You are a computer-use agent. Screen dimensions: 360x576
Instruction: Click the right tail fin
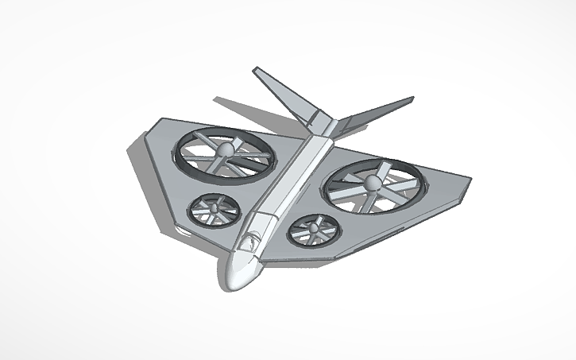point(381,111)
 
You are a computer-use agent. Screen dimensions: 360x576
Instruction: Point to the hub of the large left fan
point(226,150)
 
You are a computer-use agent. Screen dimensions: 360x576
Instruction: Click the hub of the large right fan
point(372,184)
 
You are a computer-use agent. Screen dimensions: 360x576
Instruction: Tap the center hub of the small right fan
point(313,229)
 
